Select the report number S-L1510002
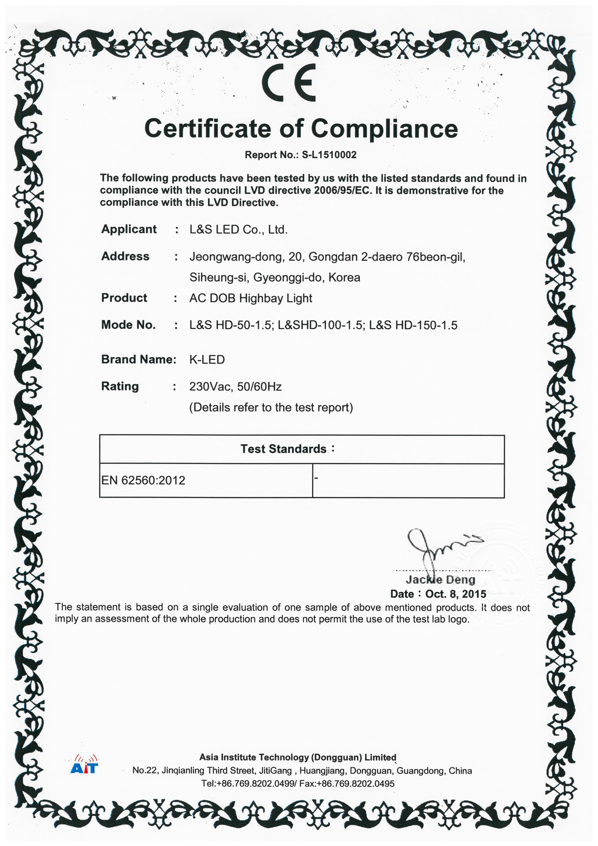tap(329, 155)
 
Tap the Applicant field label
tap(129, 229)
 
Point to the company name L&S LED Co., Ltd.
tap(238, 230)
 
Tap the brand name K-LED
tap(207, 359)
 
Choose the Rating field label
tap(120, 386)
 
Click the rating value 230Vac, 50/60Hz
tap(235, 387)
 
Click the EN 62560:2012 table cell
tap(143, 480)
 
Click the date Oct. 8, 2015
tap(455, 594)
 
